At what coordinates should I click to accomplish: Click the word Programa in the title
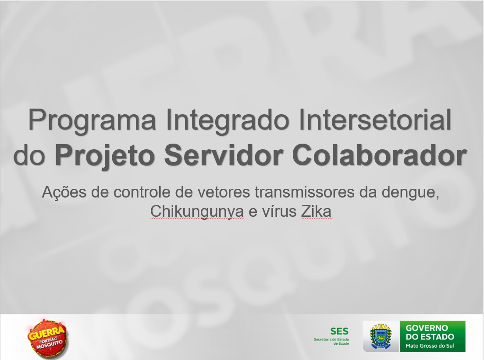(x=92, y=121)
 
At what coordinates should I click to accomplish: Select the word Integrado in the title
(x=227, y=121)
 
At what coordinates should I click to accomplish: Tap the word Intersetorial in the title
(x=375, y=120)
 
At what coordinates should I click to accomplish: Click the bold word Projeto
(x=105, y=155)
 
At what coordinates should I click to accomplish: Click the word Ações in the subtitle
(x=64, y=193)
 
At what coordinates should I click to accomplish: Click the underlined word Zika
(x=317, y=212)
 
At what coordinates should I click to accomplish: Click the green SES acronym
(x=339, y=331)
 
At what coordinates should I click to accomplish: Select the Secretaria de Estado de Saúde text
(x=331, y=341)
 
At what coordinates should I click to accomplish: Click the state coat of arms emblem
(x=381, y=336)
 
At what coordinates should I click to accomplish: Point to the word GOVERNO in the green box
(x=427, y=328)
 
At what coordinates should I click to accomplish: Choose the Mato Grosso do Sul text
(x=430, y=346)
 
